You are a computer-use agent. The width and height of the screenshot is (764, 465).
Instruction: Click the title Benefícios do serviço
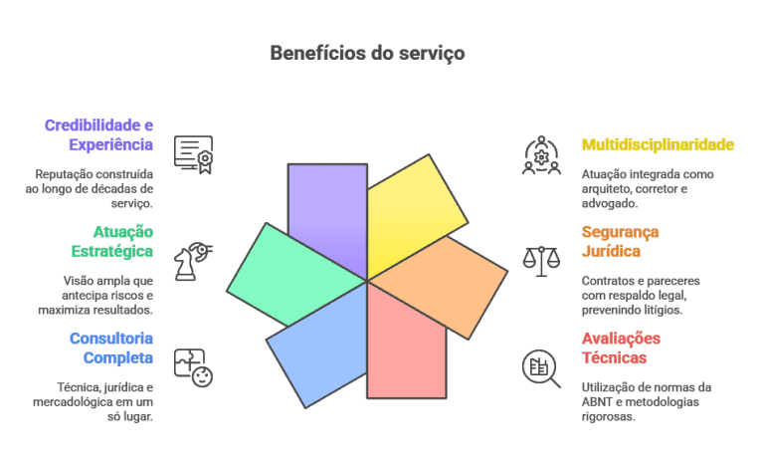click(x=367, y=53)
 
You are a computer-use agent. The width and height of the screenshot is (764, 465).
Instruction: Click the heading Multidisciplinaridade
click(x=658, y=144)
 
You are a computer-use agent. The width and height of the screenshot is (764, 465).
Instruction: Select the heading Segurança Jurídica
click(x=620, y=242)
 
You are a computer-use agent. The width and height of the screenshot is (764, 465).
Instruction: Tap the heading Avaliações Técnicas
click(x=621, y=348)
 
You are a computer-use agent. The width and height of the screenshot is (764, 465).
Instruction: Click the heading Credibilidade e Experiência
click(x=99, y=134)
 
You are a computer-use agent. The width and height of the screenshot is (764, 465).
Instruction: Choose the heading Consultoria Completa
click(x=110, y=348)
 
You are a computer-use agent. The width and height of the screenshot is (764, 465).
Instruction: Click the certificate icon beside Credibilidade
click(x=194, y=154)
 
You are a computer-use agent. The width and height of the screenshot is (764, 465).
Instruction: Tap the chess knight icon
click(x=193, y=260)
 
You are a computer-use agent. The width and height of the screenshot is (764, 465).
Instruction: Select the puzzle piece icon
click(x=193, y=366)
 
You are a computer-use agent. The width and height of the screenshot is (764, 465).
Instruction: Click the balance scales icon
click(x=541, y=261)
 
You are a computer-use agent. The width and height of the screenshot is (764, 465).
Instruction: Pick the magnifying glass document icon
click(x=541, y=367)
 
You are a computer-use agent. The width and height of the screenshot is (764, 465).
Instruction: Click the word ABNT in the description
click(x=596, y=401)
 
